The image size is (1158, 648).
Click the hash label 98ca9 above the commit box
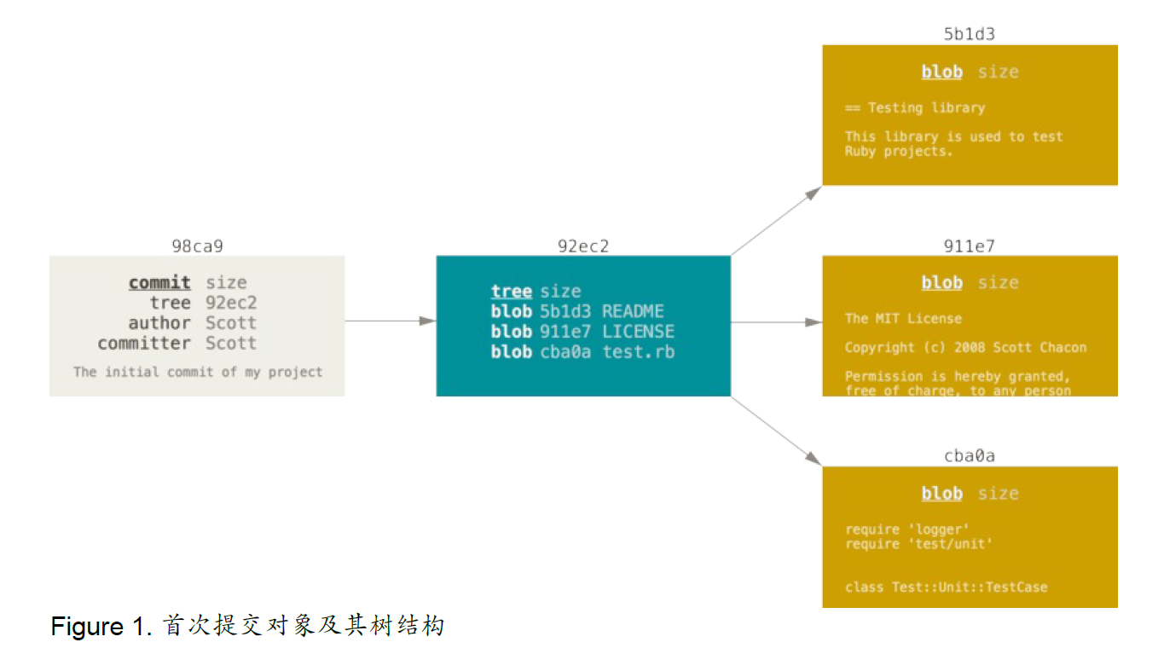(x=198, y=246)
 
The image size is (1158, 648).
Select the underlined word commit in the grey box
(x=159, y=283)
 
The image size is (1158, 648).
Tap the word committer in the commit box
(x=144, y=343)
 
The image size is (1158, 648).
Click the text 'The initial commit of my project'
(x=198, y=372)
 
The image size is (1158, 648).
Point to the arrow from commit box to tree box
(x=391, y=321)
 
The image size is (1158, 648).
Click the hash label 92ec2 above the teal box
(x=583, y=246)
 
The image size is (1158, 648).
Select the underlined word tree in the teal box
(x=512, y=292)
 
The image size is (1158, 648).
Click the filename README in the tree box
(x=633, y=311)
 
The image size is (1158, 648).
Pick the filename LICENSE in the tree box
(x=639, y=332)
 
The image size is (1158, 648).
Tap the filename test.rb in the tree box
(x=639, y=352)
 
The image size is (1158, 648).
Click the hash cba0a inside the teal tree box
(x=565, y=352)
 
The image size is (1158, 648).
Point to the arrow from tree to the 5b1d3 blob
(x=777, y=221)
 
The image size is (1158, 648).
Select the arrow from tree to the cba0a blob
(x=777, y=431)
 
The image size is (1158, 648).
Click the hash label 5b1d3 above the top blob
(x=970, y=34)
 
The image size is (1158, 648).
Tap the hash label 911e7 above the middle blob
(x=970, y=246)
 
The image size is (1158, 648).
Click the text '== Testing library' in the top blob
(x=915, y=108)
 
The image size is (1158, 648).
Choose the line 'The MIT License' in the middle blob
(x=903, y=318)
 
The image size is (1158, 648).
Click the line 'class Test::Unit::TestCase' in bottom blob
(x=946, y=587)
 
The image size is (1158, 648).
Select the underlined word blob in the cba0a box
(x=942, y=494)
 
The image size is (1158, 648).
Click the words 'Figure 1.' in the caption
(x=101, y=627)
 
